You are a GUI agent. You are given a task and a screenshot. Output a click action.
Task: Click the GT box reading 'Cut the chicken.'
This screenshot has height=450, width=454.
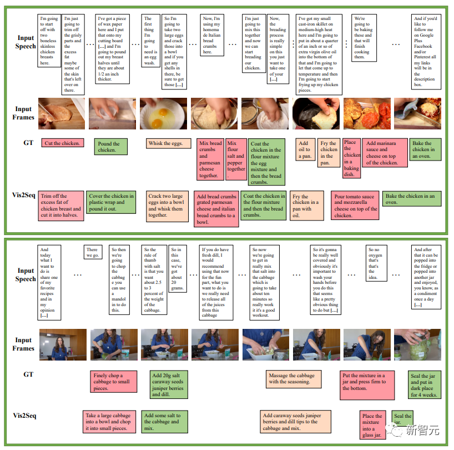pos(62,143)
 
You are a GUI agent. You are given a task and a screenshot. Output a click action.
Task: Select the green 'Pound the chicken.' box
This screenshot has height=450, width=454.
pos(110,147)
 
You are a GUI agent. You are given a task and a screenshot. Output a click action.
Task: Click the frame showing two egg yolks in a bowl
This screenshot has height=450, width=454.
pos(159,114)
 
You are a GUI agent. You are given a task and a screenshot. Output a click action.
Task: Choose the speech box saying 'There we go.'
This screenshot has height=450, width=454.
pos(92,253)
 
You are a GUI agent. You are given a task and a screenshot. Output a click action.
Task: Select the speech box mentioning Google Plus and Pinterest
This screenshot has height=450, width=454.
pos(425,52)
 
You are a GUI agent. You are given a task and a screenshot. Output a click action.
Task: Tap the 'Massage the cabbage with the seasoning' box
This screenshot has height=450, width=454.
pos(294,379)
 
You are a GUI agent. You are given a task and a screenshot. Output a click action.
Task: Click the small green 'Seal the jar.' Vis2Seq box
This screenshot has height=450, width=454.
pos(403,419)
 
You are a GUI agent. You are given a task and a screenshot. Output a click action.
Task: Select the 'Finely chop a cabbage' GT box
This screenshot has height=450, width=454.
pos(115,382)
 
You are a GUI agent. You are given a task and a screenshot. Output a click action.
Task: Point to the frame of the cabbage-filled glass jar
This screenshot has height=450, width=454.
pos(410,344)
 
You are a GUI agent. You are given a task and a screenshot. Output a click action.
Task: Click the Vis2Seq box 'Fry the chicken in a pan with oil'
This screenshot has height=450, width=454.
pos(307,206)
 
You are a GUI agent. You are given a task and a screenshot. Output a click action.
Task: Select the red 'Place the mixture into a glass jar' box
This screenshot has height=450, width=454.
pos(372,426)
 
